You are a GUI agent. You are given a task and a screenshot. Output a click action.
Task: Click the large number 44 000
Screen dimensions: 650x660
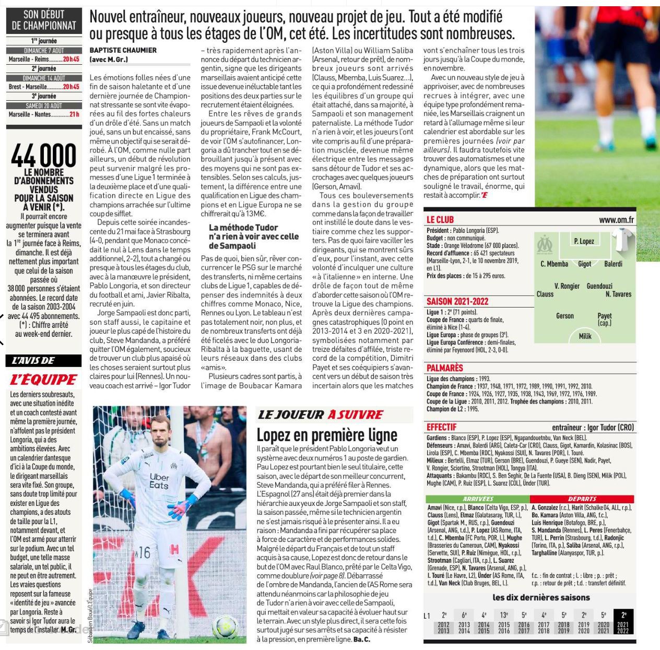tap(44, 155)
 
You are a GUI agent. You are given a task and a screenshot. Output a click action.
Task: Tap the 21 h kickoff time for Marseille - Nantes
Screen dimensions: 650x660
tap(74, 114)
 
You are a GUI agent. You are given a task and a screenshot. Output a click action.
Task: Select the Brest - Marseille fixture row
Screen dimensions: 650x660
tap(44, 87)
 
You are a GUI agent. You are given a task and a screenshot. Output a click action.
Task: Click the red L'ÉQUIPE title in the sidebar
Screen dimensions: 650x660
tap(44, 380)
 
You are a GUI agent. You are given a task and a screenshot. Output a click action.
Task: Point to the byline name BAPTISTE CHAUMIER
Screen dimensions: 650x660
tap(123, 50)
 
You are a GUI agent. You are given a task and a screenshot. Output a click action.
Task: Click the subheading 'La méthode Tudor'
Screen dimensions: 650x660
tap(243, 228)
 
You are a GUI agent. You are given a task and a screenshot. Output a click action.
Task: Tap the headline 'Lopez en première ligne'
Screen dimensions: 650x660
tap(327, 435)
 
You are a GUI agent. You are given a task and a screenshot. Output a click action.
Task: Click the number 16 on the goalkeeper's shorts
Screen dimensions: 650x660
tap(144, 552)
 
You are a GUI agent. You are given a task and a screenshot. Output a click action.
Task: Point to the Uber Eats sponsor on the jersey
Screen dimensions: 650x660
tap(159, 481)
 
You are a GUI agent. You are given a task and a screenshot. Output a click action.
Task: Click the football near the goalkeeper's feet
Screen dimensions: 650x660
tap(225, 627)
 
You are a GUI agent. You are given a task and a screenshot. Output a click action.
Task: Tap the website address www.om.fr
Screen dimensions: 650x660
tap(616, 220)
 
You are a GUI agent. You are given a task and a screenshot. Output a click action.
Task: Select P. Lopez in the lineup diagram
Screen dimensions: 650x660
tap(584, 241)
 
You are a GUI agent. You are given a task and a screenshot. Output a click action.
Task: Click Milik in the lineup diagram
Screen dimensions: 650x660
tap(585, 336)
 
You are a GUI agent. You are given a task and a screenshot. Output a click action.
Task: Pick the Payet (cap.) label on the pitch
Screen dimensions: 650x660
tap(605, 319)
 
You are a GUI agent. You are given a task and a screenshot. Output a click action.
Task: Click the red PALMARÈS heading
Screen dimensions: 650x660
tap(444, 368)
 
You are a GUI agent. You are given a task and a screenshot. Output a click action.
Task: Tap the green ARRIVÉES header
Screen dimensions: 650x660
tap(478, 499)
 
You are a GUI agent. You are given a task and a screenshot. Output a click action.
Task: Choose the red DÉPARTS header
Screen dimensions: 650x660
tap(582, 499)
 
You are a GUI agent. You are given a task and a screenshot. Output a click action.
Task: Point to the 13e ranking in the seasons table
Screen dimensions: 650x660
tap(504, 615)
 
